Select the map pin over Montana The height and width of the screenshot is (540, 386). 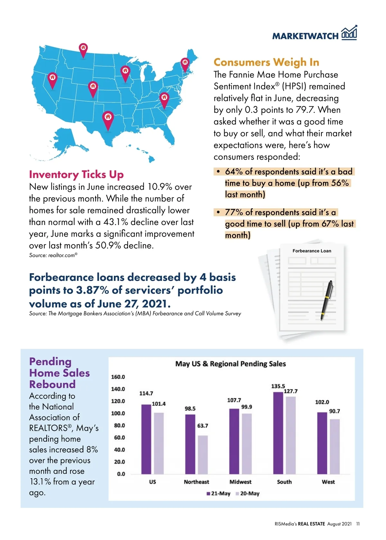[x=83, y=49]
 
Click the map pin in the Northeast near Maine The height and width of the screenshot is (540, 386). [x=185, y=63]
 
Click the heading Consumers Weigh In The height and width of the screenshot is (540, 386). [x=266, y=62]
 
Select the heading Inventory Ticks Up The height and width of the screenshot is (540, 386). [x=76, y=175]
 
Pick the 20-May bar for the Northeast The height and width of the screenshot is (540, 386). [x=203, y=455]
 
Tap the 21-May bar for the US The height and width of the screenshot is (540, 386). [x=146, y=439]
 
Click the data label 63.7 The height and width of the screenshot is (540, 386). [x=203, y=426]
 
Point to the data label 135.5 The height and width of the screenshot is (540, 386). [x=278, y=386]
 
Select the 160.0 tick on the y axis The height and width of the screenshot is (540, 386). [x=118, y=377]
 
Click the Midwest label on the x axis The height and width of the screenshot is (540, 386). [x=240, y=482]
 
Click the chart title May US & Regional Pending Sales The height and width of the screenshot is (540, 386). [x=230, y=364]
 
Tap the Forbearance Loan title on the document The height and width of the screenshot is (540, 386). [x=312, y=251]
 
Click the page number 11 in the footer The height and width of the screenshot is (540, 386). [x=358, y=524]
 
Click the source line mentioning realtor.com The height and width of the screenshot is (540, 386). [x=53, y=255]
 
